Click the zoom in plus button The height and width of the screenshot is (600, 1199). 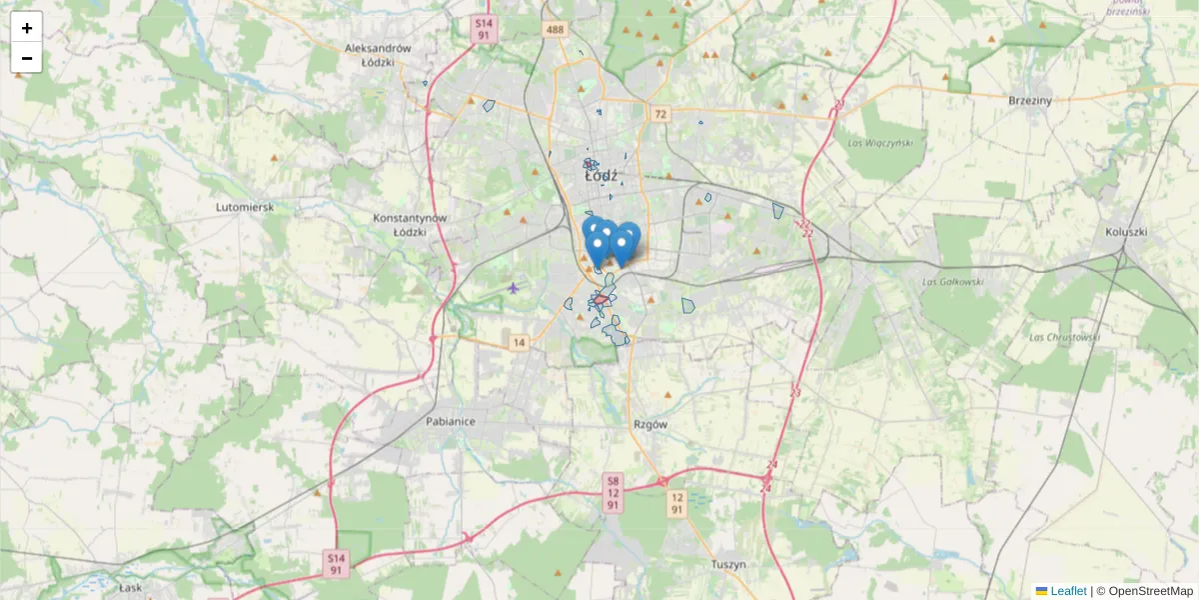point(27,28)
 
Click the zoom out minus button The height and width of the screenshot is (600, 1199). point(27,58)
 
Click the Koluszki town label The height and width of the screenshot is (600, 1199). point(1127,232)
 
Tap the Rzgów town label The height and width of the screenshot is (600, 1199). point(649,424)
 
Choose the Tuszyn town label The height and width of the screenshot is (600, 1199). point(728,565)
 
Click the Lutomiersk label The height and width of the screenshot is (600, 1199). point(244,207)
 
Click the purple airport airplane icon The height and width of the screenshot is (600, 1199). point(514,288)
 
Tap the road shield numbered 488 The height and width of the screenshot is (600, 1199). point(556,30)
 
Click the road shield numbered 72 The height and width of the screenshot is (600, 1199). point(659,114)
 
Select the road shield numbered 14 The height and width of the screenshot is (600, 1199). point(518,343)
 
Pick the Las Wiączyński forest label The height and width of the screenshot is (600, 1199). point(879,143)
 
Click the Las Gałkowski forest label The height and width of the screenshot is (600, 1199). point(954,282)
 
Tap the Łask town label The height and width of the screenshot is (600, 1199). point(132,588)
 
